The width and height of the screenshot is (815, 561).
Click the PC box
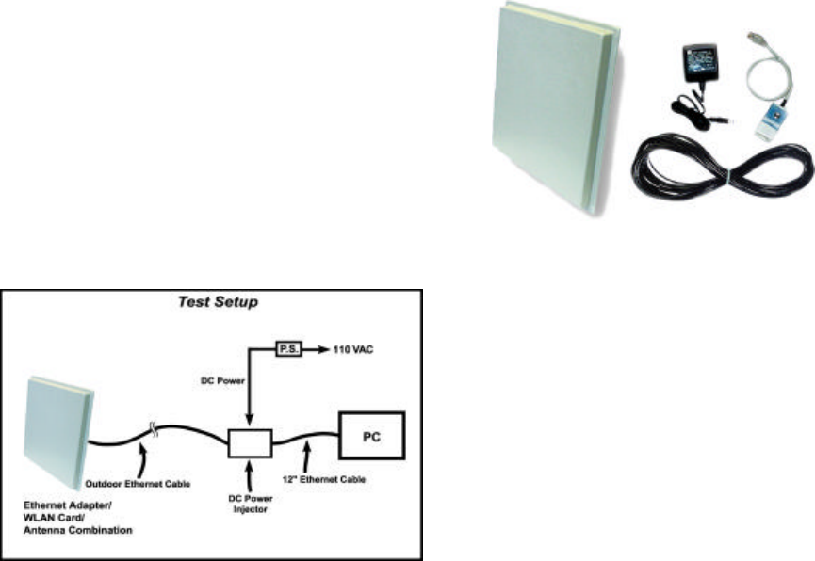pyautogui.click(x=372, y=435)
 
